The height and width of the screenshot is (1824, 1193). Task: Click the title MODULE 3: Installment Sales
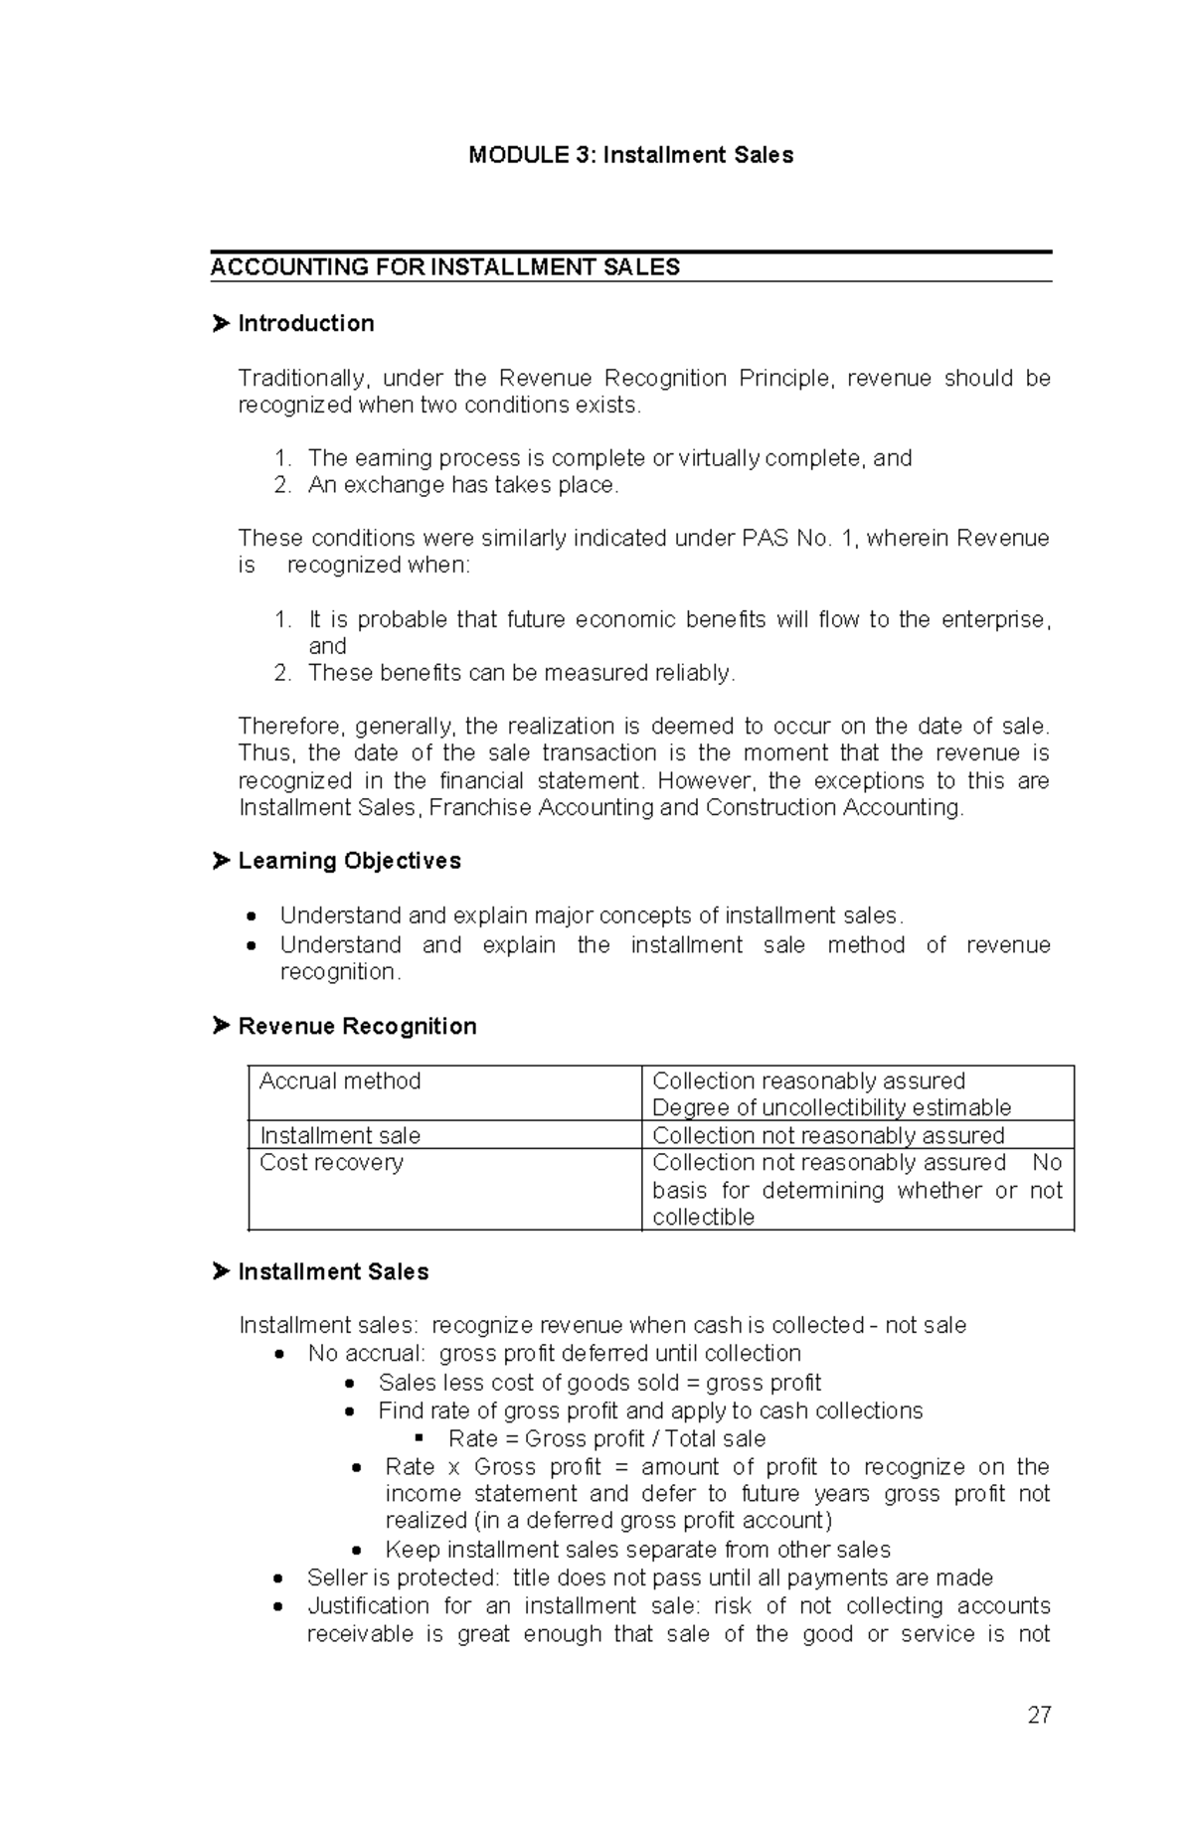(630, 155)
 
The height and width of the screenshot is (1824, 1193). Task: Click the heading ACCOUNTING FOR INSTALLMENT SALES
(444, 267)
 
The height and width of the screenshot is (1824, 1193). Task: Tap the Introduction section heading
(305, 323)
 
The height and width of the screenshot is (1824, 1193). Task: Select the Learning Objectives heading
(349, 861)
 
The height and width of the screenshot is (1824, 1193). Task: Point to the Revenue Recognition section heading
(357, 1026)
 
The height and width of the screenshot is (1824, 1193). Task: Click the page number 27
(1039, 1715)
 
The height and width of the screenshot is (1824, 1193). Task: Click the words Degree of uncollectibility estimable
(831, 1108)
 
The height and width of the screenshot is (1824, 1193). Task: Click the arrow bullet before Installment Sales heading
(221, 1271)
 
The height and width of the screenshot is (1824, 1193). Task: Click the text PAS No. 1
(799, 539)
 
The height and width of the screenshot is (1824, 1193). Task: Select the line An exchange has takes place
(462, 485)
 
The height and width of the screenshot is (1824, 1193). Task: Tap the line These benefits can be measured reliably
(521, 673)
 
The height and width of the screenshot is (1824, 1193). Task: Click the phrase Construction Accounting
(834, 807)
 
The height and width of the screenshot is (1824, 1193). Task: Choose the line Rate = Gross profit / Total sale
(606, 1438)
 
